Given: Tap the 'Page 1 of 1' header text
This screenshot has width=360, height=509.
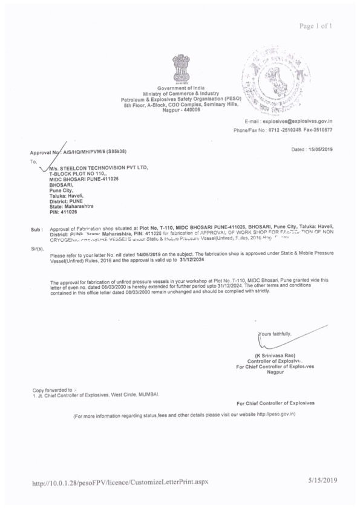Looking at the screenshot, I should coord(316,26).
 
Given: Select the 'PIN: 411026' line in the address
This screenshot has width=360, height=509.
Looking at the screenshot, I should coord(63,212).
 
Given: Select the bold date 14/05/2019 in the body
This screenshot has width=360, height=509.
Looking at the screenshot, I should coord(149,256).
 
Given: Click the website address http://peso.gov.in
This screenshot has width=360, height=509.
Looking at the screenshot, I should coord(276,415).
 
